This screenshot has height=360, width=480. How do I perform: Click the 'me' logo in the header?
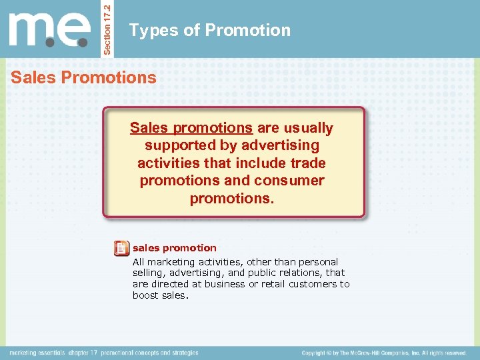coord(50,29)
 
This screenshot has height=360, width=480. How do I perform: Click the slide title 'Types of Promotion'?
coord(210,30)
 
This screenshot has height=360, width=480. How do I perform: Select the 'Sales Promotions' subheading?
coord(83,77)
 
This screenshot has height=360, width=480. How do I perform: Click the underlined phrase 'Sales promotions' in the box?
coord(191,128)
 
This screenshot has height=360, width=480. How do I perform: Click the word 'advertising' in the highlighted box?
coord(280,145)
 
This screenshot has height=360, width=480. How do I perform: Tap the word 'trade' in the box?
coord(307,163)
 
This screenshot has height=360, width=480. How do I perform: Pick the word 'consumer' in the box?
coord(289,181)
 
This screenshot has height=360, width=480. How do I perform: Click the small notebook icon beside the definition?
coord(121,249)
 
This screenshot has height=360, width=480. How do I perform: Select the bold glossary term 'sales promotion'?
coord(175,248)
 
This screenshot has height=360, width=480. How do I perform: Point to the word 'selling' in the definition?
coord(148,273)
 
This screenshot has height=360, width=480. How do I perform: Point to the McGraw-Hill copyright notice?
coord(384,353)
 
